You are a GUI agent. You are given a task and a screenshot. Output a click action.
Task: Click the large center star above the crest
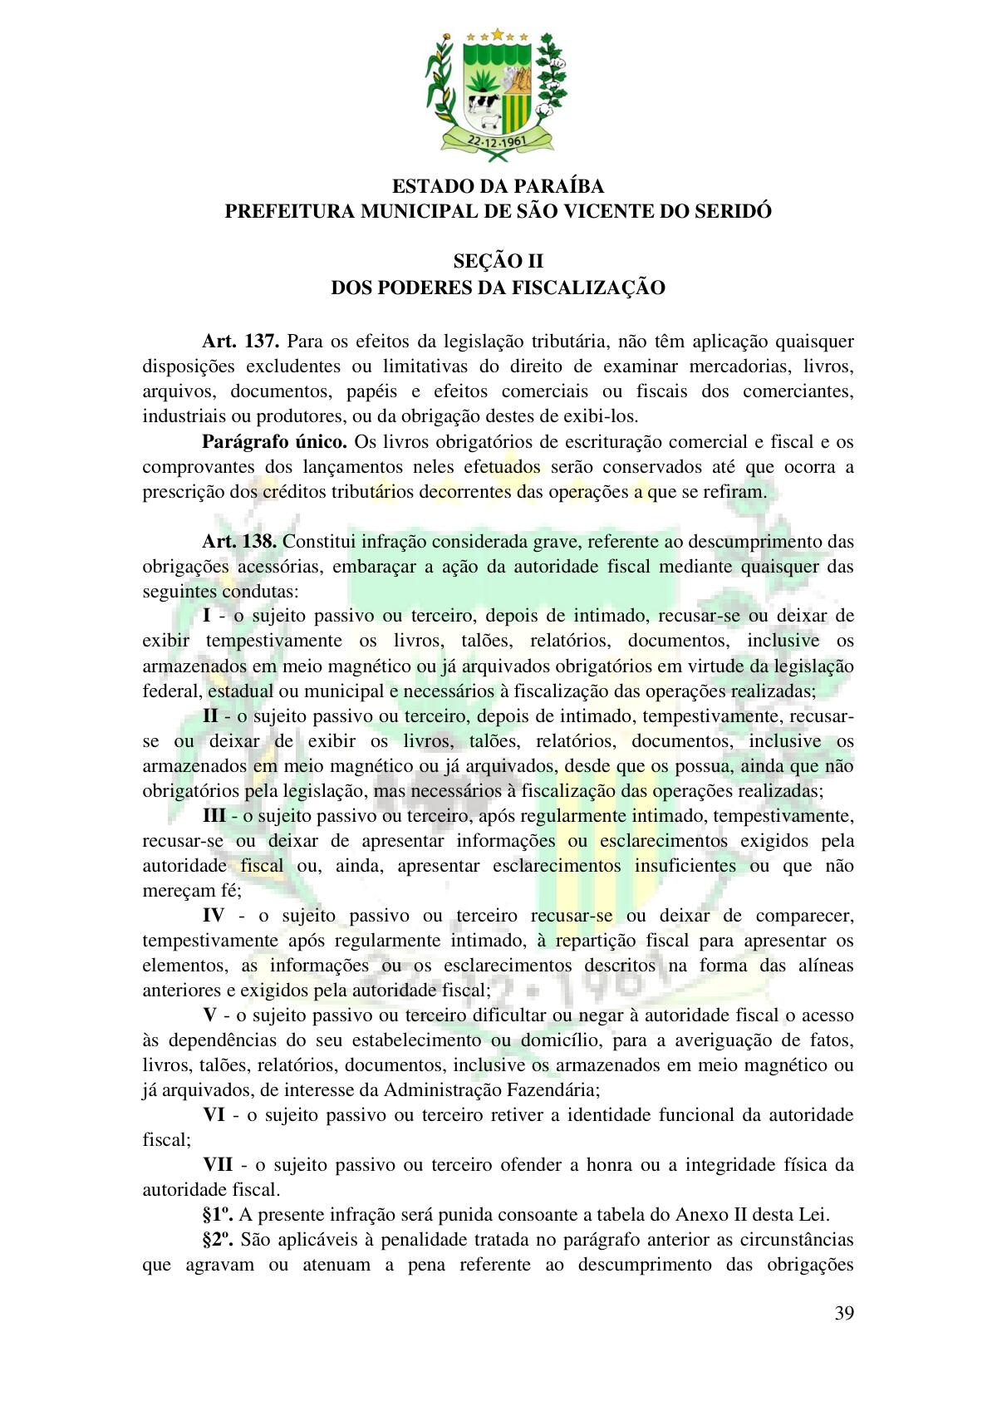pyautogui.click(x=498, y=34)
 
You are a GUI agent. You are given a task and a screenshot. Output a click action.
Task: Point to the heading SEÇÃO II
pyautogui.click(x=498, y=261)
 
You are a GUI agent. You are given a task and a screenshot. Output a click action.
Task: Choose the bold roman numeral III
pyautogui.click(x=214, y=815)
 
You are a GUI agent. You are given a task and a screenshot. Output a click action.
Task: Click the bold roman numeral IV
pyautogui.click(x=214, y=915)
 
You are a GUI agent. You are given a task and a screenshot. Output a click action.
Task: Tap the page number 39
pyautogui.click(x=844, y=1313)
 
